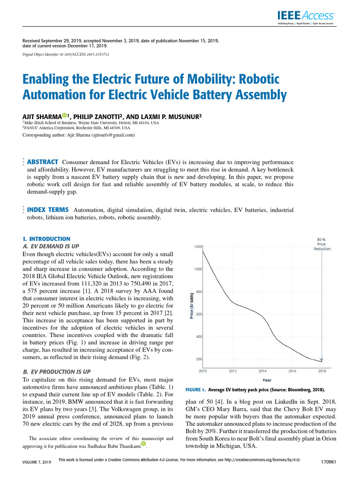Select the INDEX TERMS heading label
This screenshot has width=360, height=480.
click(48, 210)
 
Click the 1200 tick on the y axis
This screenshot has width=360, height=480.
click(198, 247)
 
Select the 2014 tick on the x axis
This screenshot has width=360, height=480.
click(262, 371)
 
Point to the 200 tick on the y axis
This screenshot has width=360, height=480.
click(199, 359)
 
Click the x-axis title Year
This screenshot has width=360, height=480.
click(266, 380)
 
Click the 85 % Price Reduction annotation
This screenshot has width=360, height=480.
click(322, 244)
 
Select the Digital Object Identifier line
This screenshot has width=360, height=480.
click(66, 54)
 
